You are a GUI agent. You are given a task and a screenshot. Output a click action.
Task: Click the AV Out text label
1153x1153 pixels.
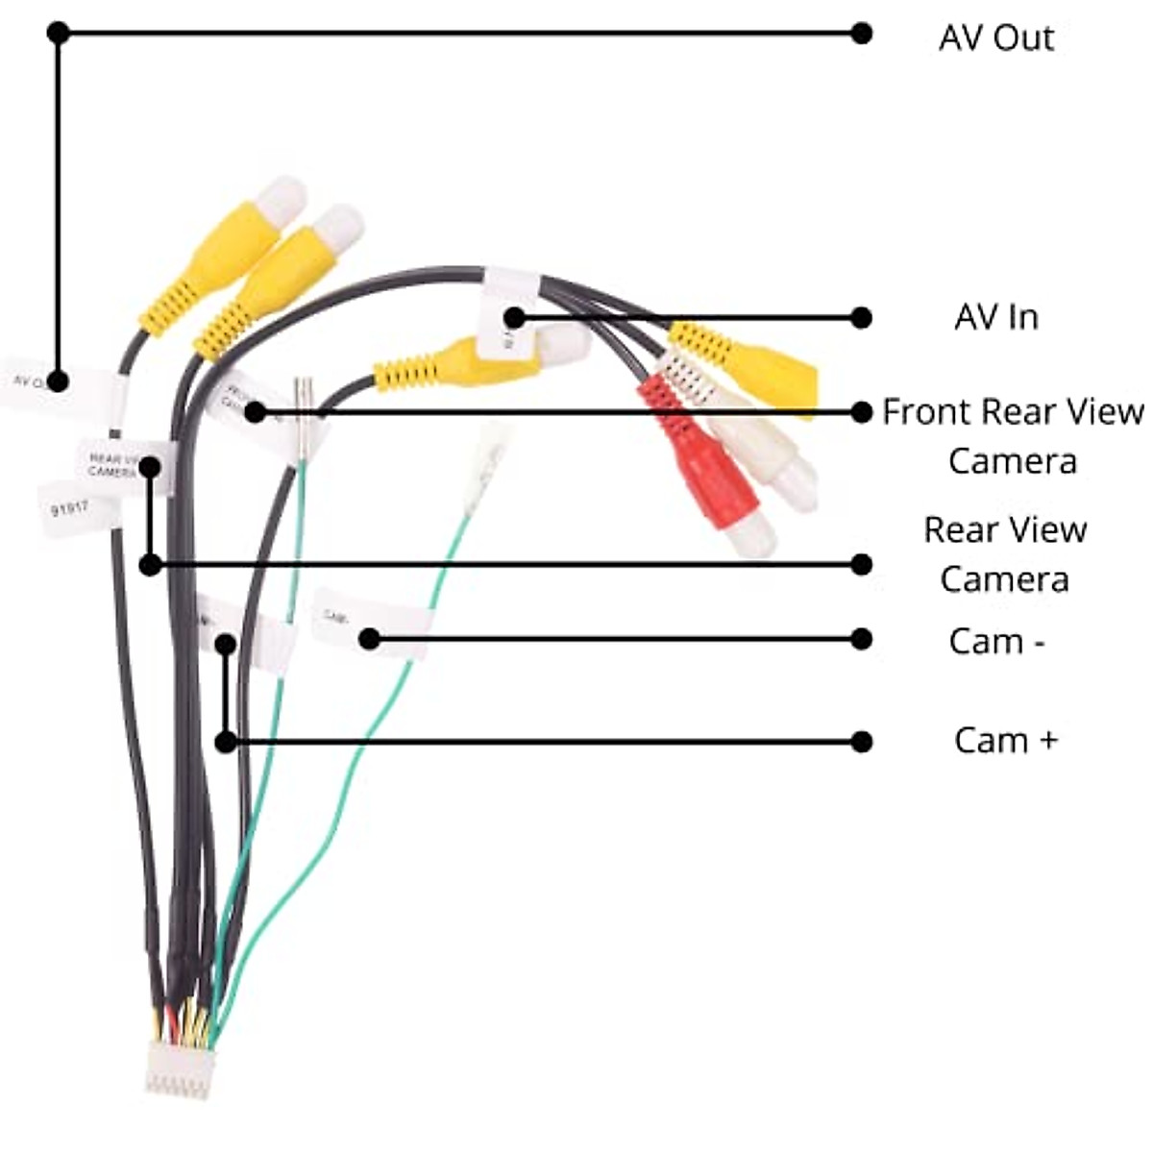(x=995, y=38)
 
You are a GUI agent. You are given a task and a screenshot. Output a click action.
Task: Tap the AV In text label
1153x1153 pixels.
(x=995, y=317)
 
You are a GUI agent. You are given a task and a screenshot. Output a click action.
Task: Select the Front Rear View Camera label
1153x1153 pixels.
(x=1013, y=436)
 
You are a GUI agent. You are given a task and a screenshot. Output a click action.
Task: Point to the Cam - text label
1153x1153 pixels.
(x=996, y=641)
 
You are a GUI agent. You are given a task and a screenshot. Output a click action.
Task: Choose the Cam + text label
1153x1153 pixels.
(x=1005, y=740)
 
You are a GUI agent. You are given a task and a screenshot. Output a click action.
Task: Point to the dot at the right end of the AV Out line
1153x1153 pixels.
(x=861, y=34)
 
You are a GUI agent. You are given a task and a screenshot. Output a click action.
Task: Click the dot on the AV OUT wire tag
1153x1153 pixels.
(x=58, y=380)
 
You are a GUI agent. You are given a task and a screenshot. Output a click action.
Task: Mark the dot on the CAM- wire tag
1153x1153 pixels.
(x=370, y=638)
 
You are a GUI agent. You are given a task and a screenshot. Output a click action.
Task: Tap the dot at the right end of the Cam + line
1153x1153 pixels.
(x=861, y=741)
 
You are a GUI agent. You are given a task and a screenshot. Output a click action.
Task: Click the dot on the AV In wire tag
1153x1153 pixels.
(x=515, y=317)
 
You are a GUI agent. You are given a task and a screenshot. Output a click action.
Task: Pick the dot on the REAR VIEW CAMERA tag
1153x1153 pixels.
(x=150, y=467)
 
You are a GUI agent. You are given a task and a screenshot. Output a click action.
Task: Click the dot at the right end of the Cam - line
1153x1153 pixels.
(x=861, y=639)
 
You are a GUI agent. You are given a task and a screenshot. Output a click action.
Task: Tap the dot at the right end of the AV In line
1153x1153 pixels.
(x=861, y=317)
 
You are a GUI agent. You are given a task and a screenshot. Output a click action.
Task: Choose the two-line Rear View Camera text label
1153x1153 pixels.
(x=1004, y=554)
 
